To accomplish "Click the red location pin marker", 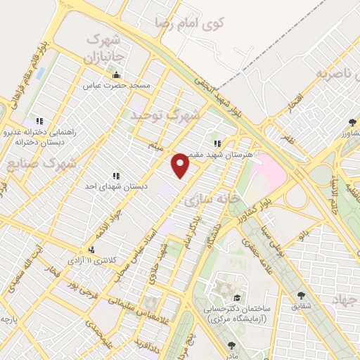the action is [x=181, y=166].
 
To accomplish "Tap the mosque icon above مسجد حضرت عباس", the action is [x=117, y=75].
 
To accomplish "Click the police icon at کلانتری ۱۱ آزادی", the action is [x=91, y=250].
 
